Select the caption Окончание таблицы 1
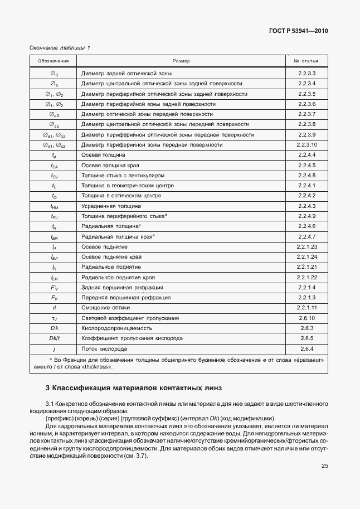click(59, 48)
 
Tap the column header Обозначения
click(53, 60)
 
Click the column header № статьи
click(307, 60)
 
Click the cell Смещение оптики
click(105, 307)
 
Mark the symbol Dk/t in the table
click(54, 338)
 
